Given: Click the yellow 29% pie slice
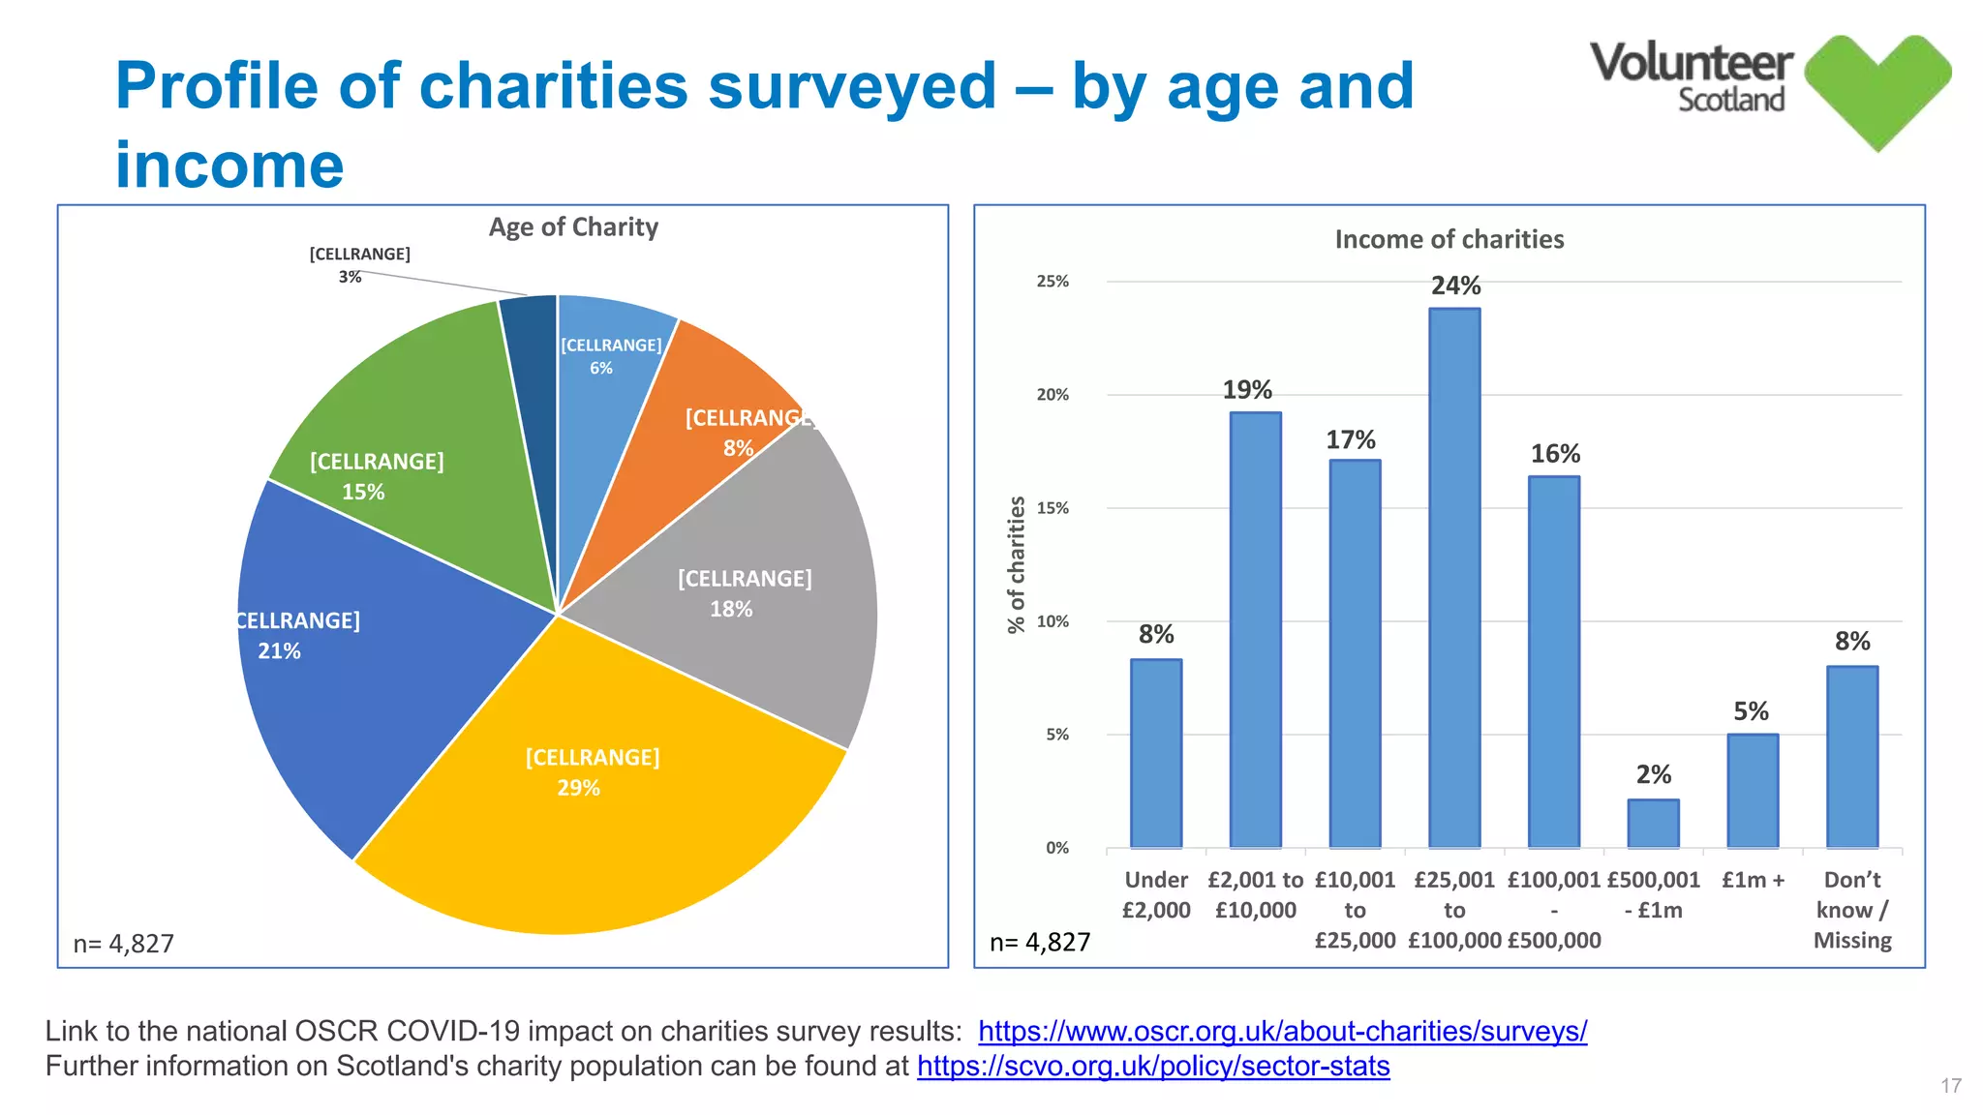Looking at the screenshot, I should point(591,823).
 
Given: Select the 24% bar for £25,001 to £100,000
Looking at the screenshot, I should point(1454,581).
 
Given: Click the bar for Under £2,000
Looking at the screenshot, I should point(1156,755).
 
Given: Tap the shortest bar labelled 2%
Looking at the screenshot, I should point(1653,825).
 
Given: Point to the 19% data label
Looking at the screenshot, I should point(1247,390).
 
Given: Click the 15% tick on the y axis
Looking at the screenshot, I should point(1053,508).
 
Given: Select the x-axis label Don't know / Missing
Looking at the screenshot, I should point(1851,910).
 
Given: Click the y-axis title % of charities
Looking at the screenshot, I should point(1016,564).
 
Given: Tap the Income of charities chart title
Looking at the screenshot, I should point(1449,239).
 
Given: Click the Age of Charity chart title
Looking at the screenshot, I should point(573,226).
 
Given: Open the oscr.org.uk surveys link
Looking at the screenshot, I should point(1282,1032).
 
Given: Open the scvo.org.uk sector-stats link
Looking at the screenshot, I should point(1153,1067).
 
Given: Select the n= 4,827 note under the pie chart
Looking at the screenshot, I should point(124,944).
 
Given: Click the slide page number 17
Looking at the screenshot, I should point(1950,1086).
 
